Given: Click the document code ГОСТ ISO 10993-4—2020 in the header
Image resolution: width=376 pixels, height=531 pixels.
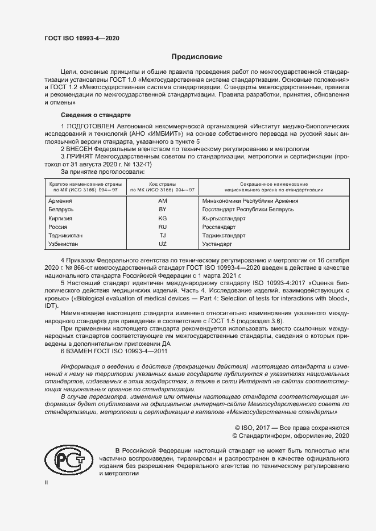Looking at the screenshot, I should point(82,39).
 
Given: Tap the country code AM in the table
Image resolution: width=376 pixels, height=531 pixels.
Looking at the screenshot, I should point(162,201).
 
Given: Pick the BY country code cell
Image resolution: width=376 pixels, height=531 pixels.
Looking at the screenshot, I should point(162,210).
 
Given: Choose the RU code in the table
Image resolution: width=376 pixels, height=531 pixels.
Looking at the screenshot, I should point(162,227).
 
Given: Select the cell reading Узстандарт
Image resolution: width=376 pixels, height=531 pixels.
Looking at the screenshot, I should point(217,244).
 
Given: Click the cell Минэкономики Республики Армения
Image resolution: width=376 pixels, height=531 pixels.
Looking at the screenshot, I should point(250,201).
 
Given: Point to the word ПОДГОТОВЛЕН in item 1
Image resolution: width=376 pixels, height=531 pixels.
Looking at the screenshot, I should point(94,125).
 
